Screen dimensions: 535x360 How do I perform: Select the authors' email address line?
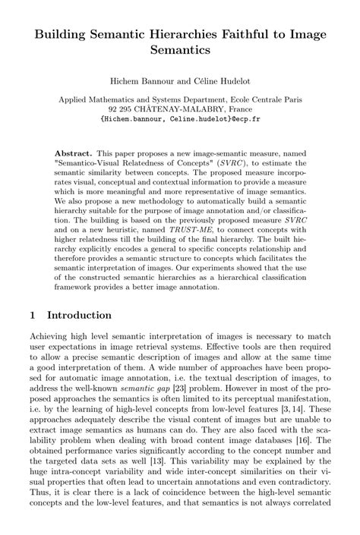(180, 119)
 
